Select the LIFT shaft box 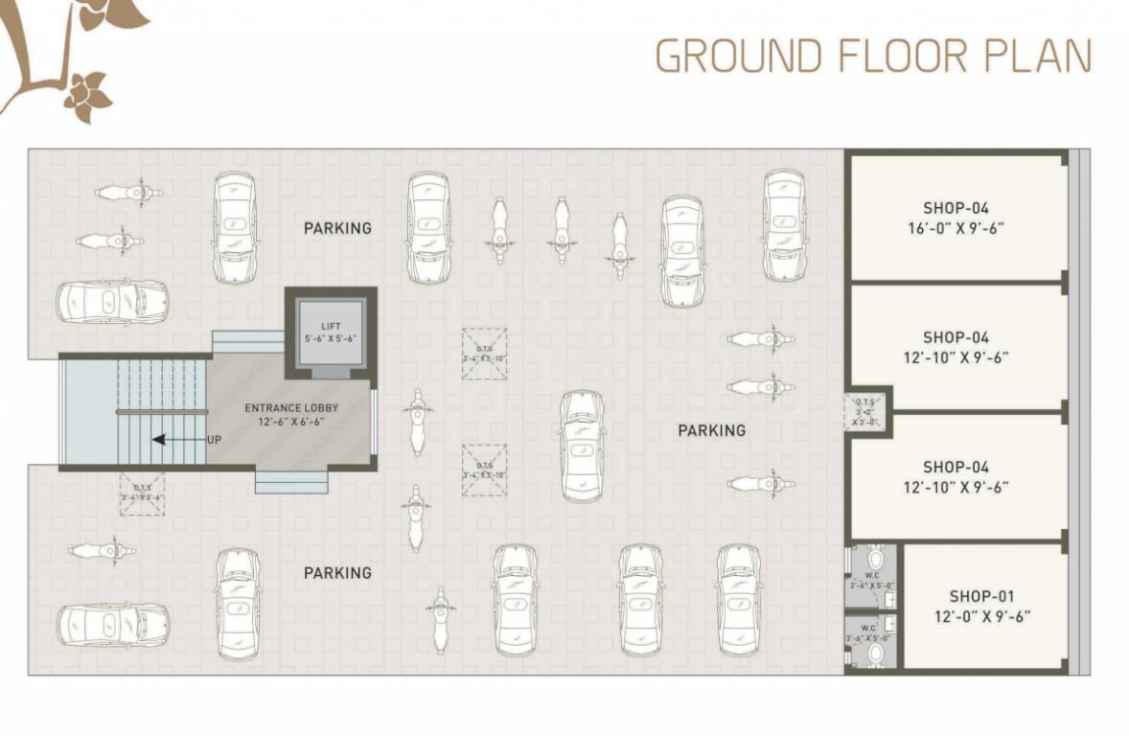[x=331, y=333]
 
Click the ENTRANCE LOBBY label [x=291, y=407]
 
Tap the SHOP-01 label [x=982, y=596]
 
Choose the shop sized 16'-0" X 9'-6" [x=956, y=218]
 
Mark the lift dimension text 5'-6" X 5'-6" [x=331, y=338]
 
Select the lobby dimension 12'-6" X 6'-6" [x=291, y=421]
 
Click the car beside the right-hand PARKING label [x=582, y=445]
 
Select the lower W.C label [x=868, y=627]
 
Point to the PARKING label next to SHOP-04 [x=711, y=430]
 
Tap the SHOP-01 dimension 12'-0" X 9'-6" [x=982, y=617]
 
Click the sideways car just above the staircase [x=112, y=302]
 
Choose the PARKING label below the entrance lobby [x=337, y=572]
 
